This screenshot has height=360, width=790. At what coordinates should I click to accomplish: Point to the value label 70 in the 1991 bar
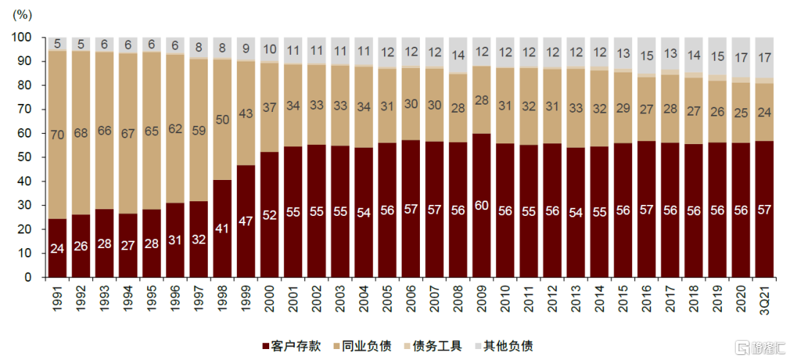pos(58,134)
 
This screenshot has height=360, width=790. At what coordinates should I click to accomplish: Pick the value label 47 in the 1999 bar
pos(247,241)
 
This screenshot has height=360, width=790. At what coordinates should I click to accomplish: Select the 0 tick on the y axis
pos(29,277)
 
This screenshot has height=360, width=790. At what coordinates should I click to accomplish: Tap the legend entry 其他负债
pos(504,345)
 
